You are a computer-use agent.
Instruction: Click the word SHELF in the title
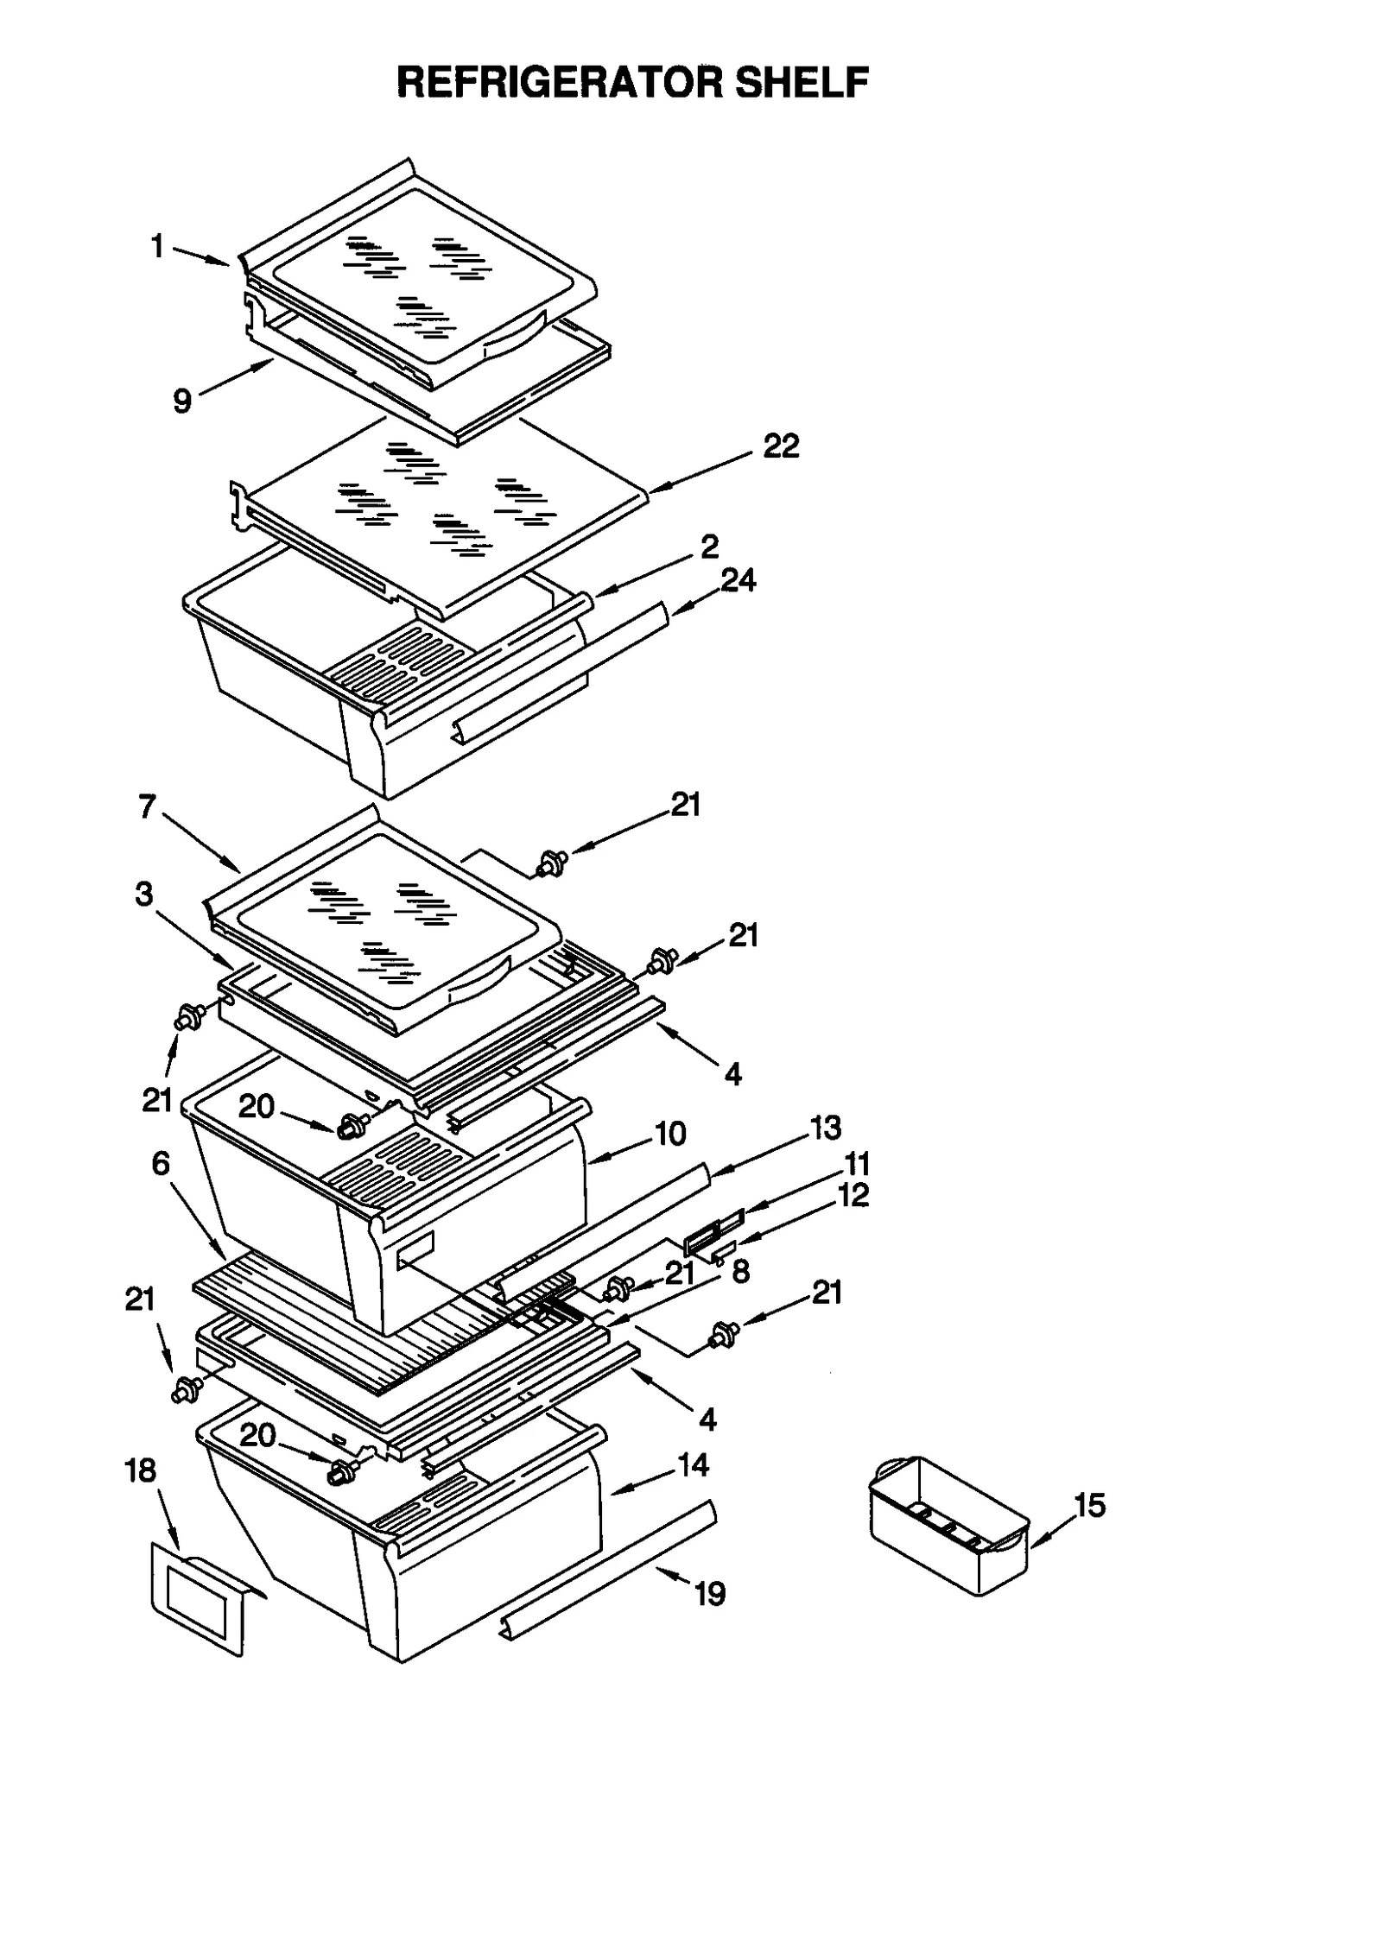coord(800,83)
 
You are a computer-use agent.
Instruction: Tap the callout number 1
coord(157,247)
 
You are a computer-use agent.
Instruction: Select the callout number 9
coord(182,401)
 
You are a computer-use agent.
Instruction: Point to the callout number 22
coord(781,446)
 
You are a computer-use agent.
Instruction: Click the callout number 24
coord(739,580)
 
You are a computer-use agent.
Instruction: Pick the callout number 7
coord(148,806)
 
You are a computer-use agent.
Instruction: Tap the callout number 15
coord(1089,1505)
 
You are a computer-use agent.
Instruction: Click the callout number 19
coord(710,1594)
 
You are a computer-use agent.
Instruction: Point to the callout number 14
coord(693,1464)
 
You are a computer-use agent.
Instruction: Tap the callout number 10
coord(670,1133)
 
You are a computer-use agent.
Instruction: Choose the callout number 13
coord(825,1127)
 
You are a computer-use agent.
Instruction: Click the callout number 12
coord(853,1195)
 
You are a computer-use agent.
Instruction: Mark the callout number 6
coord(161,1164)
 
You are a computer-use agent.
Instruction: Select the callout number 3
coord(143,894)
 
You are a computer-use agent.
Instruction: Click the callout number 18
coord(141,1470)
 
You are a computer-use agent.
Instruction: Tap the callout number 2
coord(709,546)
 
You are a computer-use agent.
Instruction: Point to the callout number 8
coord(740,1271)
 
